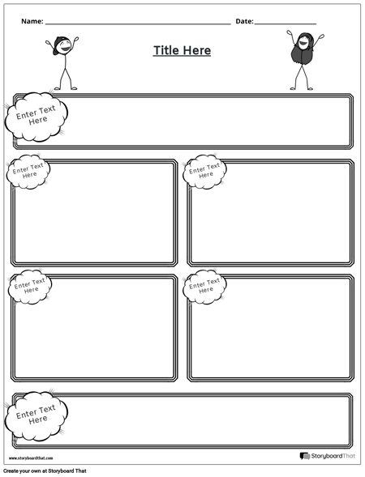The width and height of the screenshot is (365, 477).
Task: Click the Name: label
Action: coord(32,21)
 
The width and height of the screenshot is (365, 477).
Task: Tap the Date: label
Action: coord(244,21)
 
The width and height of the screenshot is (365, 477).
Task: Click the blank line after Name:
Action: coord(138,23)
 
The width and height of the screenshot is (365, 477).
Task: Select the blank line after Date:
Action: coord(286,23)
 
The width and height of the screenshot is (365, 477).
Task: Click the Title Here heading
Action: coord(182,50)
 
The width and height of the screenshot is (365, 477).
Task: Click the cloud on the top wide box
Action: coord(37,115)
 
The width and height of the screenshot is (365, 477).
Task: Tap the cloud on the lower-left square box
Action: coord(30,286)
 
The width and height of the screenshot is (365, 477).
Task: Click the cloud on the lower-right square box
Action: coord(205,286)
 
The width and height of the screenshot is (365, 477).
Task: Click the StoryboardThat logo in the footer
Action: coord(328,457)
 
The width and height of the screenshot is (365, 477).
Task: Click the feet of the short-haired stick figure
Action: coord(66,88)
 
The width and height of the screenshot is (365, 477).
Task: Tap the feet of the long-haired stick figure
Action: coord(301,88)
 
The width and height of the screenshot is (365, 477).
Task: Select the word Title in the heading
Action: coord(165,50)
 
